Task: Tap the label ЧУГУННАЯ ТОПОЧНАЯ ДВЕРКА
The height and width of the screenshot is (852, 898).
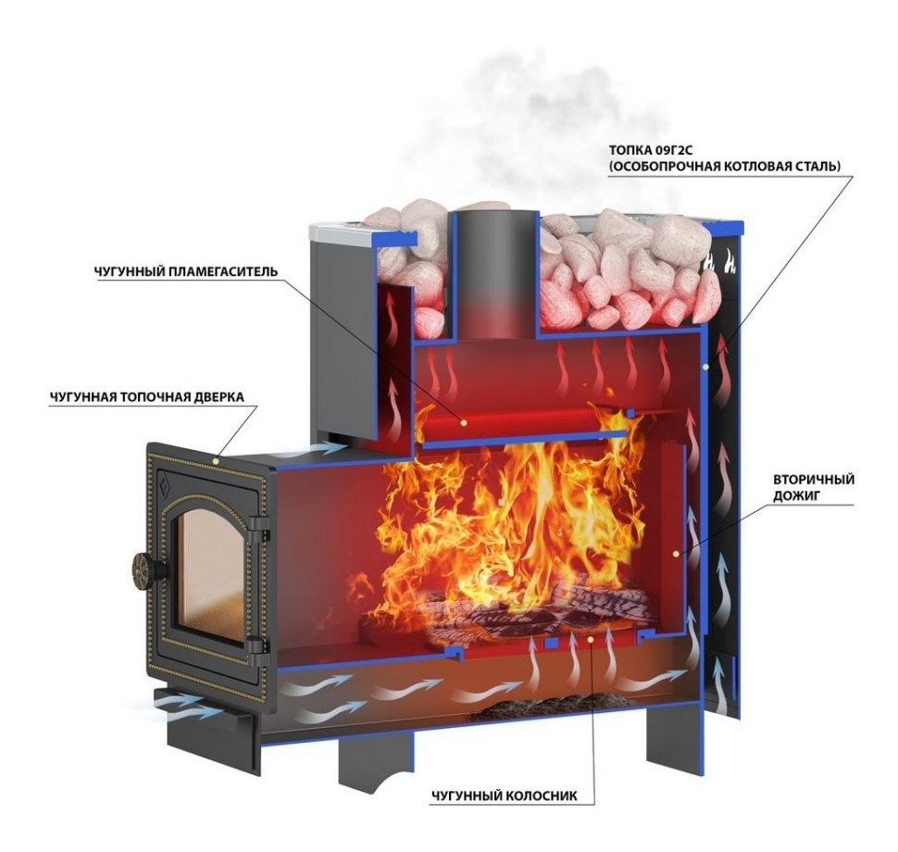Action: tap(146, 396)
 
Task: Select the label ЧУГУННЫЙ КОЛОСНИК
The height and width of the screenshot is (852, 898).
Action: tap(505, 796)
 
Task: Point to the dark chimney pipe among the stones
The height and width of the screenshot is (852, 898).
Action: tap(493, 275)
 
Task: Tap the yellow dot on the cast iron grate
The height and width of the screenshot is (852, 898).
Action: tap(591, 638)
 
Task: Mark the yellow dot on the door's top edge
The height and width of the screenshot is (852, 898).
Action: tap(216, 460)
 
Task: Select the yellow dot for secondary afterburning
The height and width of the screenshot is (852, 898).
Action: tap(677, 554)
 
